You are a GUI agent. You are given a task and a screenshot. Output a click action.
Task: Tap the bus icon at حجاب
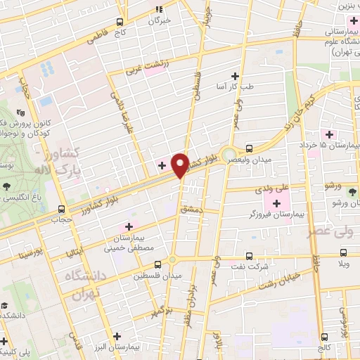63,209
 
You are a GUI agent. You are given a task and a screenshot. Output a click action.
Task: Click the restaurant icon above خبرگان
159,9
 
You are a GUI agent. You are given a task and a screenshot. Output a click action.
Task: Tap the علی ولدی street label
274,188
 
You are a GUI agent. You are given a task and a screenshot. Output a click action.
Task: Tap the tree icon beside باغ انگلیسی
6,186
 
